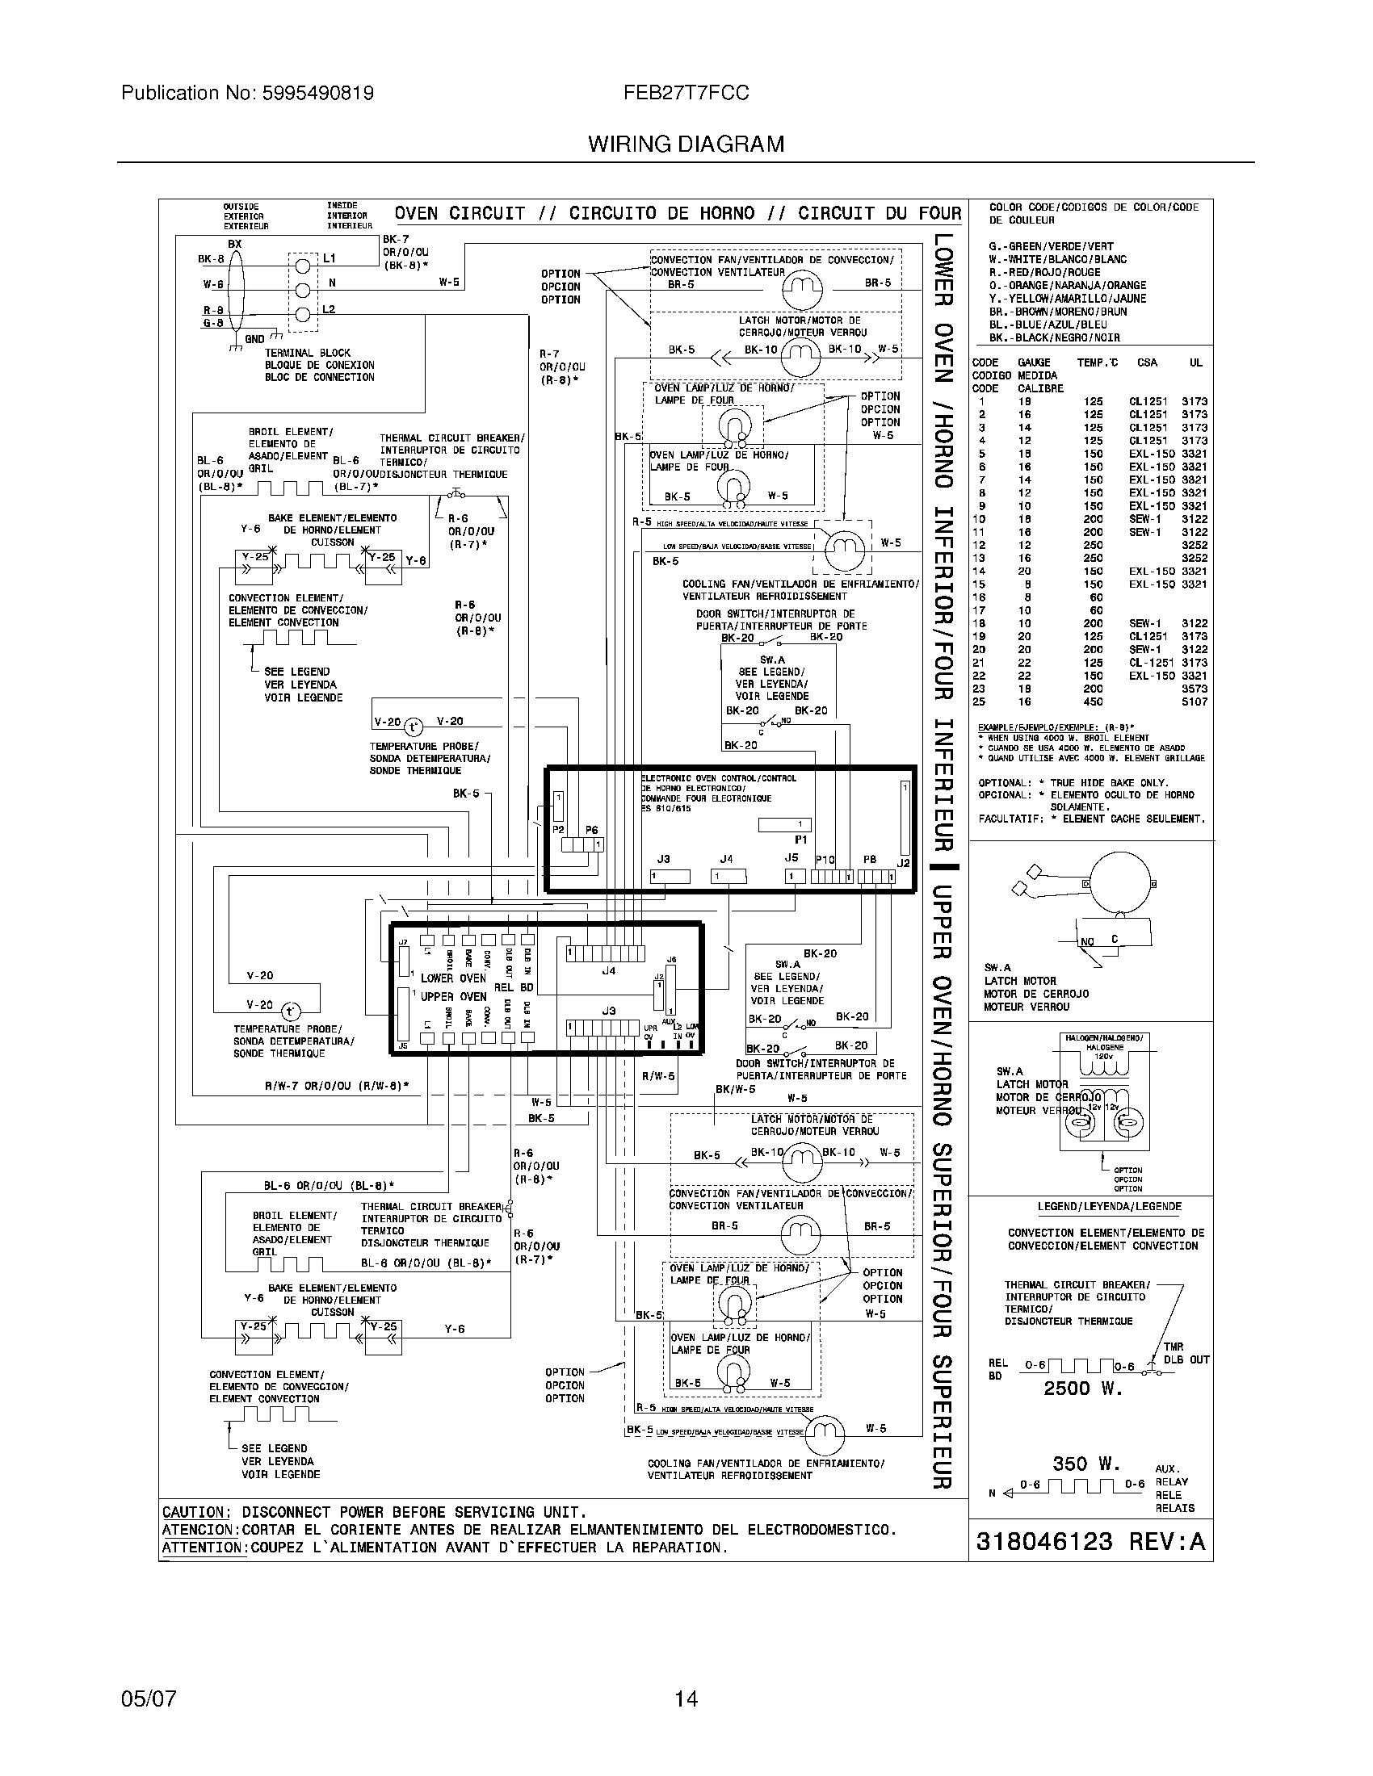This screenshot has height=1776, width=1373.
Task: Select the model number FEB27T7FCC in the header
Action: pyautogui.click(x=686, y=94)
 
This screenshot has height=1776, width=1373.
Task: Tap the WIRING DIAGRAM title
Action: pyautogui.click(x=686, y=145)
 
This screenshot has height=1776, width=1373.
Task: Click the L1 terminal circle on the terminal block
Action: pyautogui.click(x=303, y=264)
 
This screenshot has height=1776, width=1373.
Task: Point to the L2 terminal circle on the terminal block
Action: pyautogui.click(x=303, y=316)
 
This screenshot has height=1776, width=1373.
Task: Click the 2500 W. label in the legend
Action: pyautogui.click(x=1082, y=1389)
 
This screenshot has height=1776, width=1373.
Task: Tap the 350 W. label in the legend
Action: pyautogui.click(x=1086, y=1464)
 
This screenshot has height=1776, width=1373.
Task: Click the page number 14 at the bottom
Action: pyautogui.click(x=686, y=1699)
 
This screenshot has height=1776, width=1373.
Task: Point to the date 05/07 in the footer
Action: pyautogui.click(x=148, y=1699)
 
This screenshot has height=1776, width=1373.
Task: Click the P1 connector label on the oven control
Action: pyautogui.click(x=800, y=840)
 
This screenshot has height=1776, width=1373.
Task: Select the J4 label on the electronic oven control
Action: pyautogui.click(x=726, y=859)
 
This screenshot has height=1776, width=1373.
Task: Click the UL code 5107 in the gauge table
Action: pyautogui.click(x=1194, y=702)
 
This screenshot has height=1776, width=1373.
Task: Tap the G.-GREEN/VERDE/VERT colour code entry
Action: pyautogui.click(x=1051, y=246)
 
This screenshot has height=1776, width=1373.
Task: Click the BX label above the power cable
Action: pyautogui.click(x=234, y=244)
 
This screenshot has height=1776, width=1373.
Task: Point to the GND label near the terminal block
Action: pyautogui.click(x=254, y=338)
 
